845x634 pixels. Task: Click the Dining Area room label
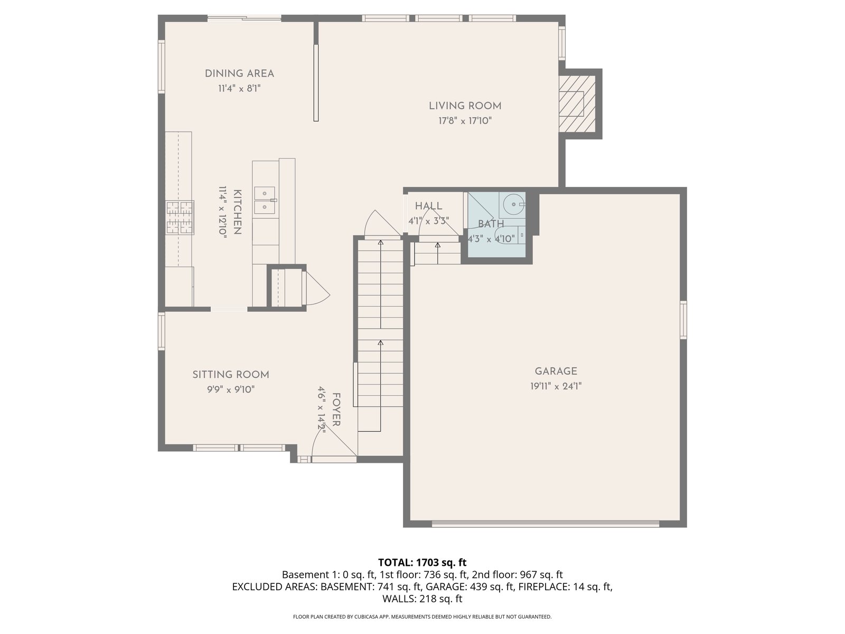[x=239, y=73]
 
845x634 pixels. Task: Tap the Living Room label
[x=465, y=106]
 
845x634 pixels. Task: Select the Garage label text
[x=556, y=371]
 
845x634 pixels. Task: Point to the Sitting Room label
[x=231, y=375]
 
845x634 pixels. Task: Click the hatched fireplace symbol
[x=577, y=103]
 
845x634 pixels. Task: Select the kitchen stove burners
[x=180, y=217]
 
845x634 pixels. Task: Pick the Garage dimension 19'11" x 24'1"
[x=556, y=386]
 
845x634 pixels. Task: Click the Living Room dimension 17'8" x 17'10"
[x=465, y=121]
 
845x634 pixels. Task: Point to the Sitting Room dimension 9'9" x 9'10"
[x=231, y=389]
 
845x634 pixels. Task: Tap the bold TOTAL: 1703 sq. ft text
[x=422, y=562]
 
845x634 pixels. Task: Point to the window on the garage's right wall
[x=683, y=320]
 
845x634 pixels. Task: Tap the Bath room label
[x=491, y=223]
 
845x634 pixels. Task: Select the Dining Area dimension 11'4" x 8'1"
[x=239, y=89]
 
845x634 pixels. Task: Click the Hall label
[x=428, y=206]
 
